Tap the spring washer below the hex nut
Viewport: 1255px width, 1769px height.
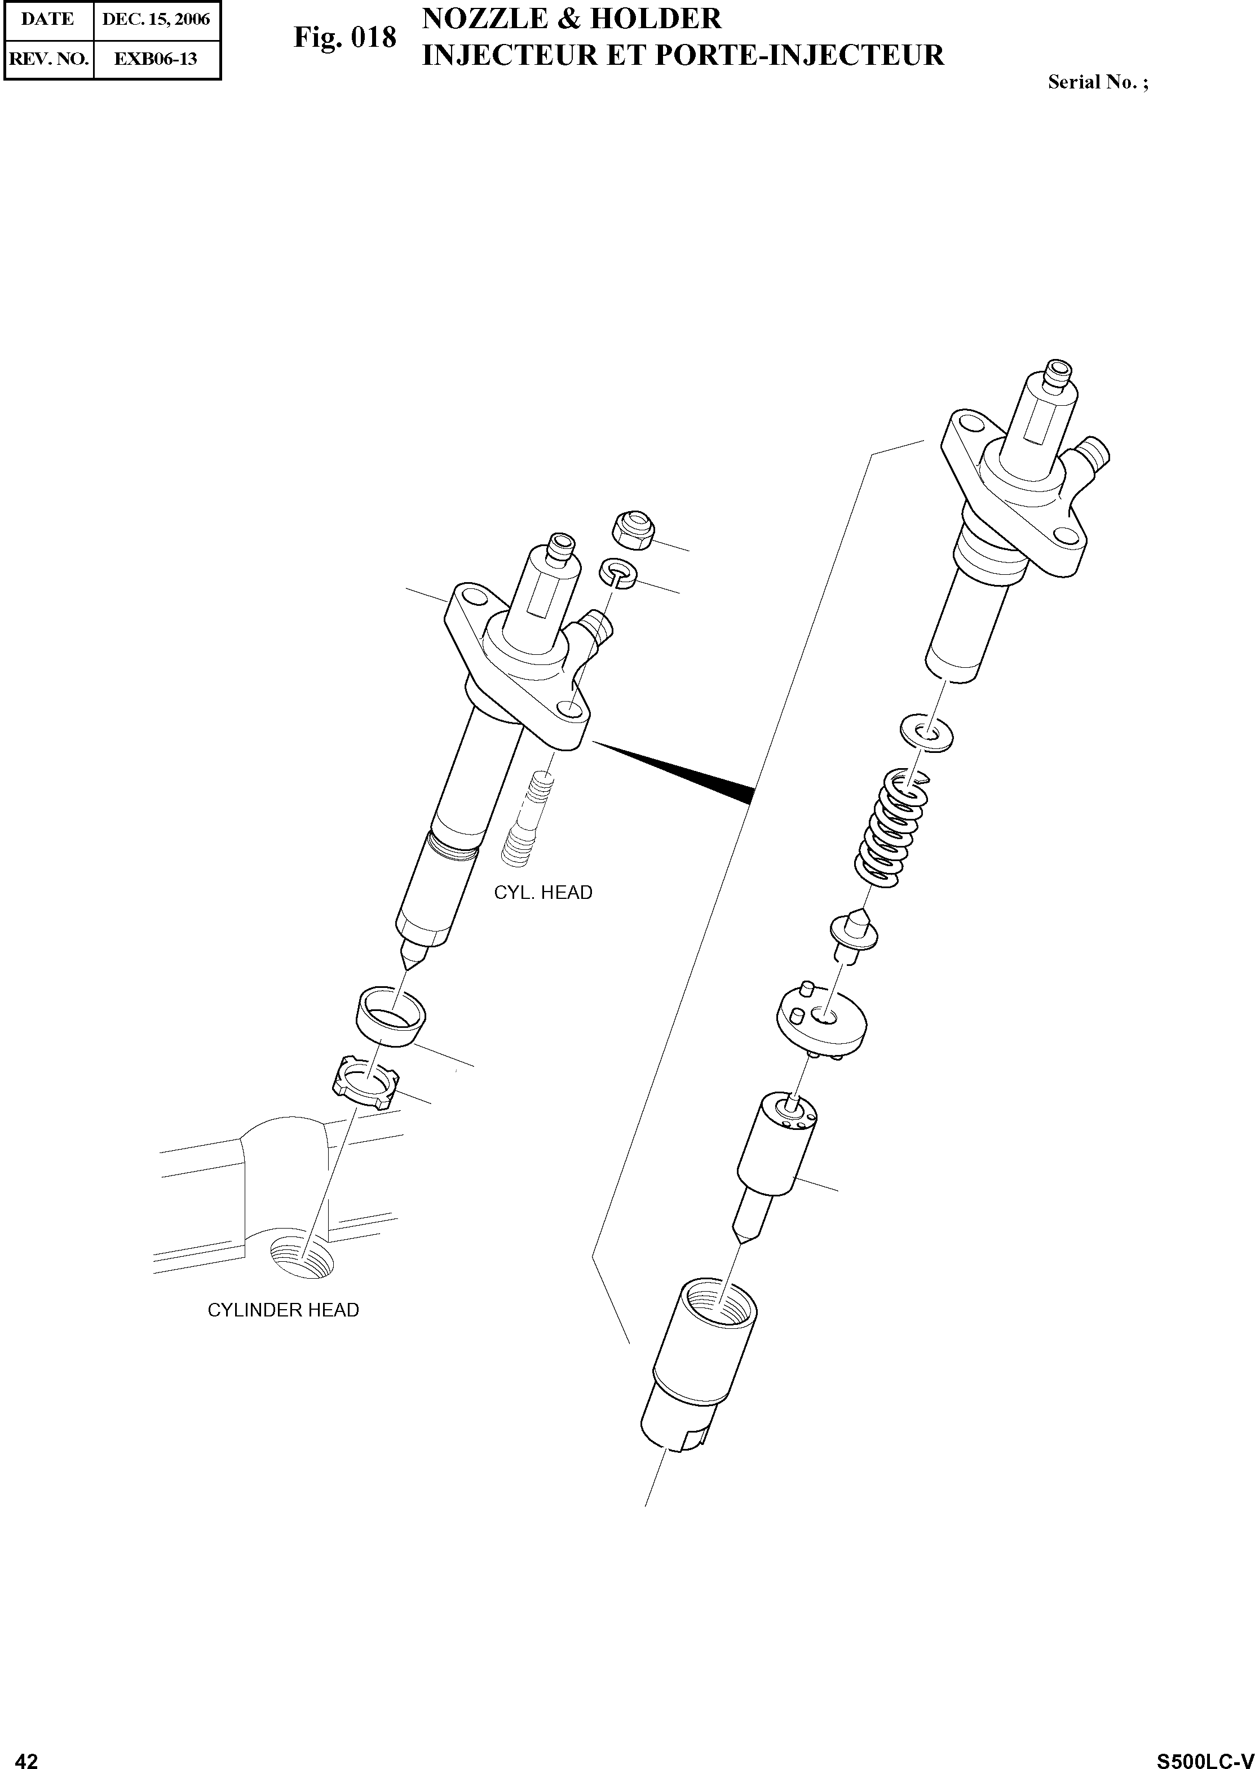[x=618, y=573]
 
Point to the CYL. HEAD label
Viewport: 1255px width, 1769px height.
[x=543, y=893]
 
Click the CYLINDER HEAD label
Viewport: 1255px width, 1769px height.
[x=284, y=1310]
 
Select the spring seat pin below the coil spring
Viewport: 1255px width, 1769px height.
[x=854, y=936]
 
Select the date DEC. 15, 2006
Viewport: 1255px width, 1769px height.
[x=156, y=19]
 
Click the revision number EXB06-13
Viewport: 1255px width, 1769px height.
[x=156, y=59]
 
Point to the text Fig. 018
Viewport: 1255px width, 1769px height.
[x=344, y=37]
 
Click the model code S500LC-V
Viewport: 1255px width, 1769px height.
[x=1204, y=1755]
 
